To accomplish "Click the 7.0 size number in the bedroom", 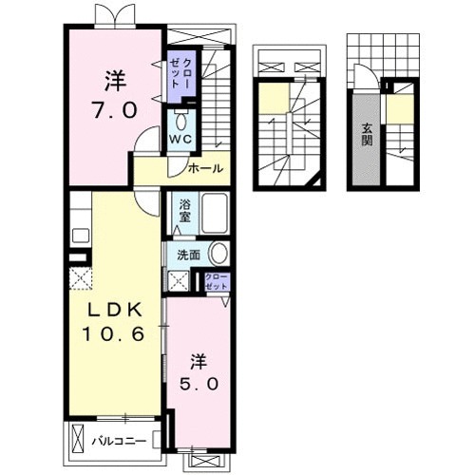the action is point(115,110).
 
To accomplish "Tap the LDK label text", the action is point(114,311).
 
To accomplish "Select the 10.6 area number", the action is point(114,333).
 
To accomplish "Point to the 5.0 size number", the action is point(199,384).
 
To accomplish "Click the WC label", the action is point(180,139).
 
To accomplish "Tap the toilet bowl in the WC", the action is point(181,121).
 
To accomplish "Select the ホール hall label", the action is point(205,168).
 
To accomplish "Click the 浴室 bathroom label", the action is point(184,211).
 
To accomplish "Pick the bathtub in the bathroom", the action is point(215,213).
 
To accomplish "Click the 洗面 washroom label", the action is point(188,256).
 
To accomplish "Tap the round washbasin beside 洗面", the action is point(219,254).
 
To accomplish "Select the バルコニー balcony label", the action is point(119,441).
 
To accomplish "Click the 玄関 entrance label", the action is point(367,135).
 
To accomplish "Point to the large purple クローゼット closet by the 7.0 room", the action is point(180,74).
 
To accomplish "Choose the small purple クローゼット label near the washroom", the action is point(217,281).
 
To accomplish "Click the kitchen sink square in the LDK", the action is point(81,236).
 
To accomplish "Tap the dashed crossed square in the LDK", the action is point(81,278).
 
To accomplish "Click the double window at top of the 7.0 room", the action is point(115,16).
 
